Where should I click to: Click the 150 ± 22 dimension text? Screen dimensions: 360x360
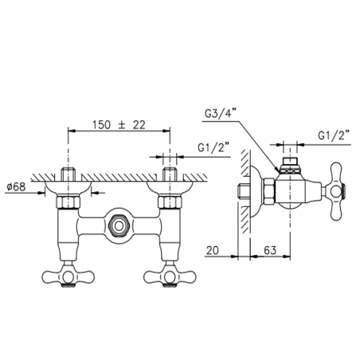click(x=119, y=125)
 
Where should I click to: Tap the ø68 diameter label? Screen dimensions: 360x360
click(x=17, y=187)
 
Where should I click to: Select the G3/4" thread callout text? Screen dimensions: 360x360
click(x=220, y=114)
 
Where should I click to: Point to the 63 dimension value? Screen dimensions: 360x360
click(x=270, y=250)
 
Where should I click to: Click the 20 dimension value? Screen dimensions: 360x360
click(x=212, y=250)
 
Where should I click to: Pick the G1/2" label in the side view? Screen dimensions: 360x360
click(x=334, y=136)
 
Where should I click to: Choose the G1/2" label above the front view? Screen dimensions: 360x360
click(x=213, y=147)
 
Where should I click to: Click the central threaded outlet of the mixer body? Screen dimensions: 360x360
click(x=118, y=225)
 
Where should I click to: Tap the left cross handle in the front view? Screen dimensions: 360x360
click(x=68, y=276)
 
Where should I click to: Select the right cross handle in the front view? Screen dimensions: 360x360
click(x=170, y=276)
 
